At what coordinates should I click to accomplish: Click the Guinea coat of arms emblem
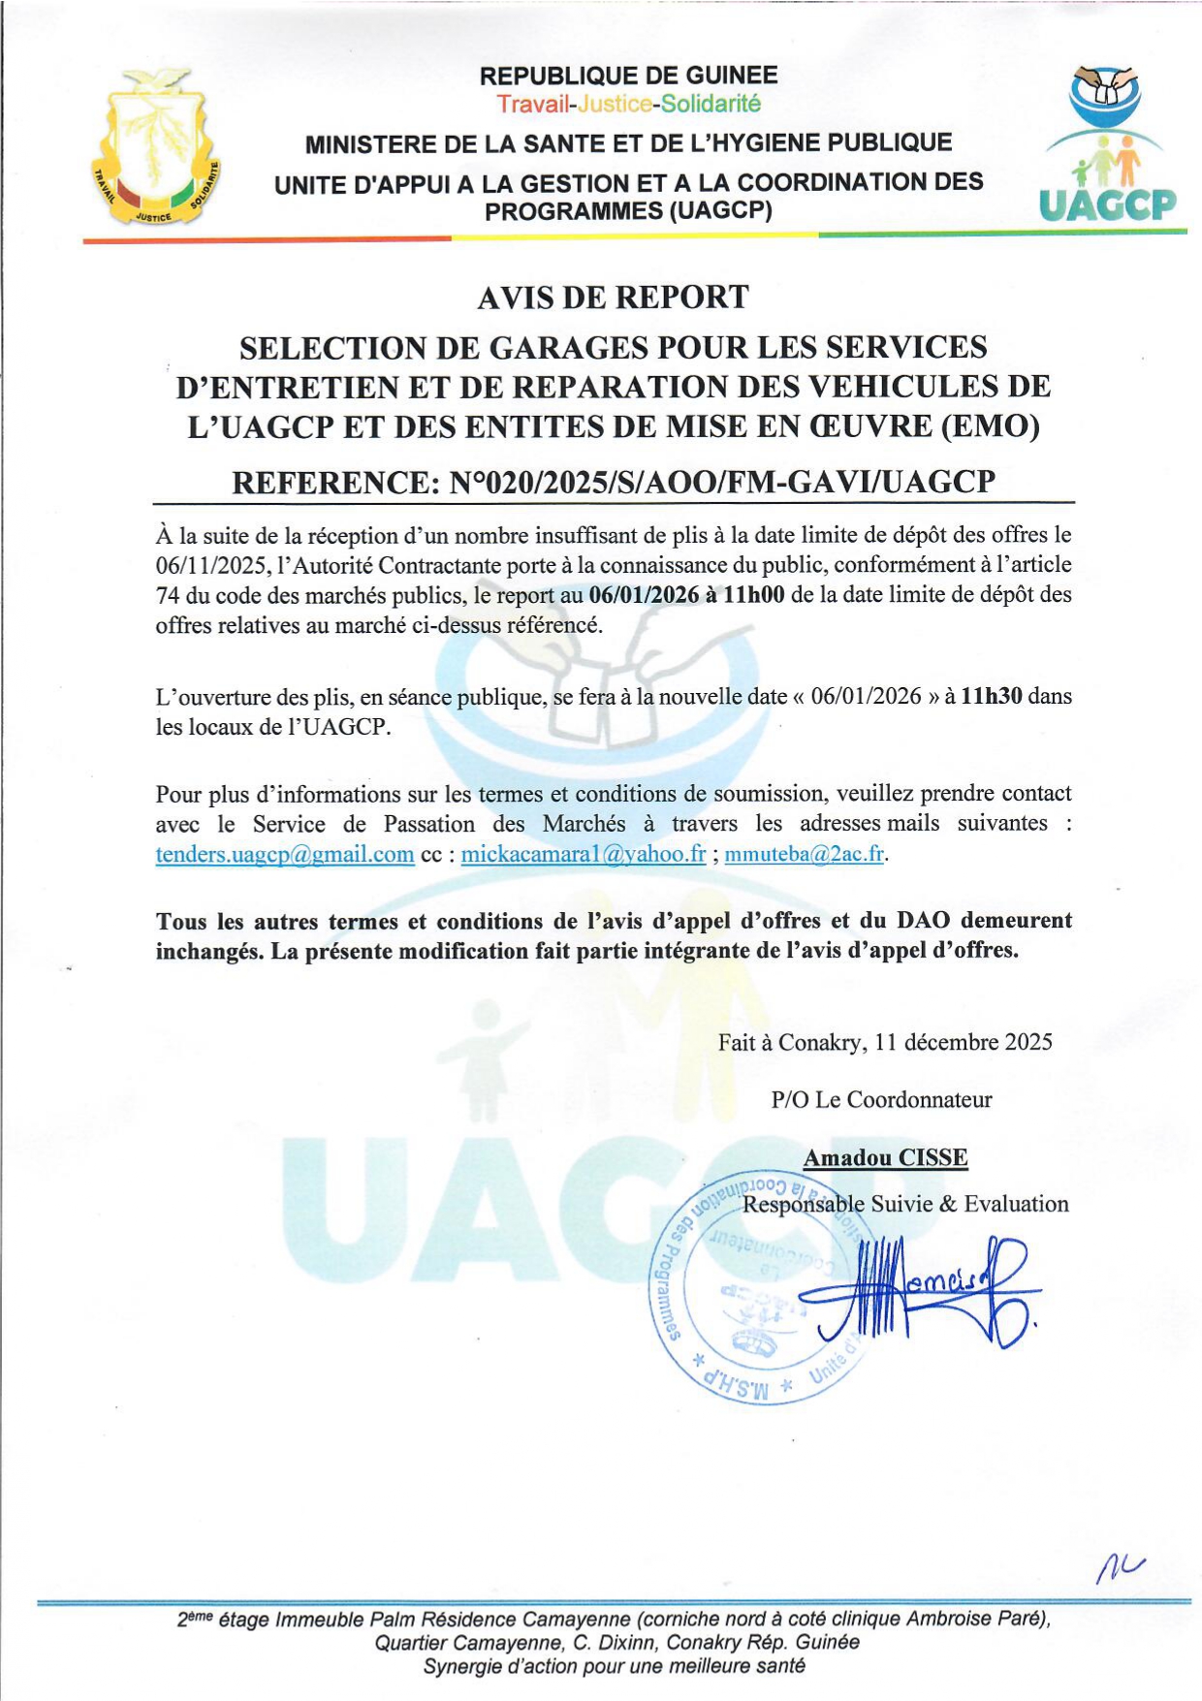(156, 146)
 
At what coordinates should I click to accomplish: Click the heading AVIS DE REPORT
(613, 298)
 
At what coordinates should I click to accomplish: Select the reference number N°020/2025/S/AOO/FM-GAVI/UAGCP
(722, 482)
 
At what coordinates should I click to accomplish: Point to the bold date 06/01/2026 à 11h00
(686, 594)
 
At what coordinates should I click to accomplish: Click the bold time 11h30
(991, 696)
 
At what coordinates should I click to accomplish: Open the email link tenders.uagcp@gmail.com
(285, 855)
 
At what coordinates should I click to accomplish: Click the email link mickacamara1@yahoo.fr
(584, 855)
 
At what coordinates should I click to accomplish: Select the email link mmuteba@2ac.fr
(805, 855)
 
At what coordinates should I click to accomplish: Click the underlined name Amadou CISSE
(885, 1158)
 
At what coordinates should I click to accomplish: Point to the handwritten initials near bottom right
(1120, 1563)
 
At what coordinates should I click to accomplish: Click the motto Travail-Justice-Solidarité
(629, 104)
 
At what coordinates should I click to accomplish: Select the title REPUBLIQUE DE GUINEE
(629, 76)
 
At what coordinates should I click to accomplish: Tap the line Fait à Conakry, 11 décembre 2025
(885, 1043)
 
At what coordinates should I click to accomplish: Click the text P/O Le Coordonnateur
(881, 1100)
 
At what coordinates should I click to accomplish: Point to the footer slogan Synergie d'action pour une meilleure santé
(614, 1666)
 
